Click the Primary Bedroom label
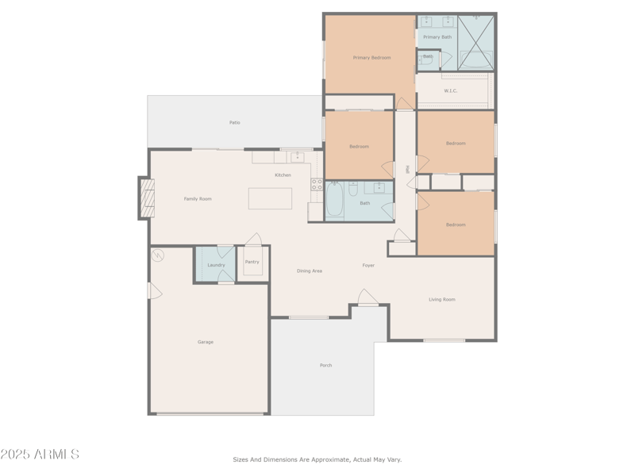point(371,57)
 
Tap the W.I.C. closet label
point(450,90)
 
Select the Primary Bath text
point(437,37)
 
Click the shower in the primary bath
point(476,42)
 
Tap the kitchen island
point(270,198)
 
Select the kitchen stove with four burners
point(317,184)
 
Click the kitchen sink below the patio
point(296,156)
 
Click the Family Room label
point(198,198)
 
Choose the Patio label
point(235,122)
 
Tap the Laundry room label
point(216,265)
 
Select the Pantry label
point(252,262)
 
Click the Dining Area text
point(310,271)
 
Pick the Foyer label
point(368,265)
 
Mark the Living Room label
point(442,299)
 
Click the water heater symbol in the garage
point(158,255)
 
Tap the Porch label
point(325,365)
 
